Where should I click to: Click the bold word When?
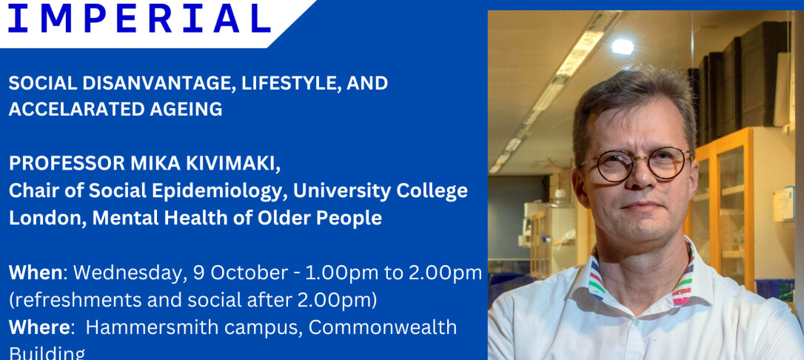[36, 273]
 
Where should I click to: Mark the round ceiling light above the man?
[623, 46]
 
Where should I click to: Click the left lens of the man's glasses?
[606, 166]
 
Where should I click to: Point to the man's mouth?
[637, 207]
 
